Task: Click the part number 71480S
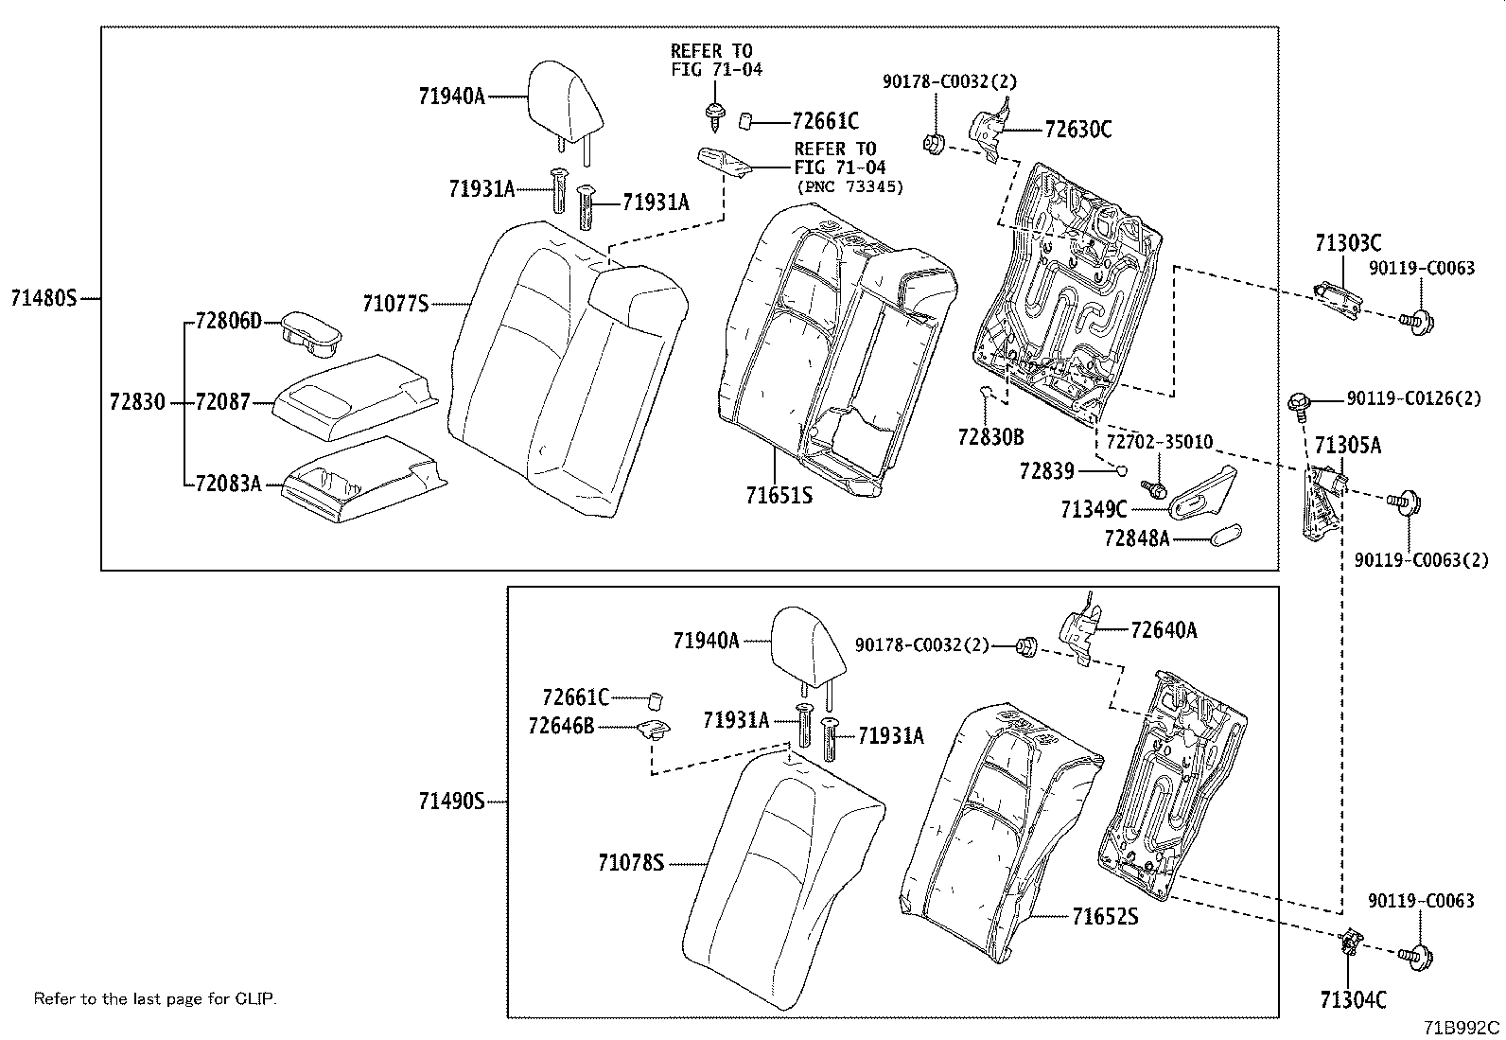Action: [43, 298]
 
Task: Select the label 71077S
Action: [394, 304]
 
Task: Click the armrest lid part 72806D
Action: [308, 334]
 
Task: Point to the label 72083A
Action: [227, 484]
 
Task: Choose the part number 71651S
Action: [779, 495]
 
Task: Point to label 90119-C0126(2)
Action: [1413, 398]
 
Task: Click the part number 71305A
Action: [1347, 445]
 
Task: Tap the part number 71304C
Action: [1353, 999]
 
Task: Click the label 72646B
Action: [561, 726]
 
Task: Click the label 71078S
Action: [631, 863]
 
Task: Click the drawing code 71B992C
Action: [1463, 1028]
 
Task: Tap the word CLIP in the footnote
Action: [256, 998]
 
